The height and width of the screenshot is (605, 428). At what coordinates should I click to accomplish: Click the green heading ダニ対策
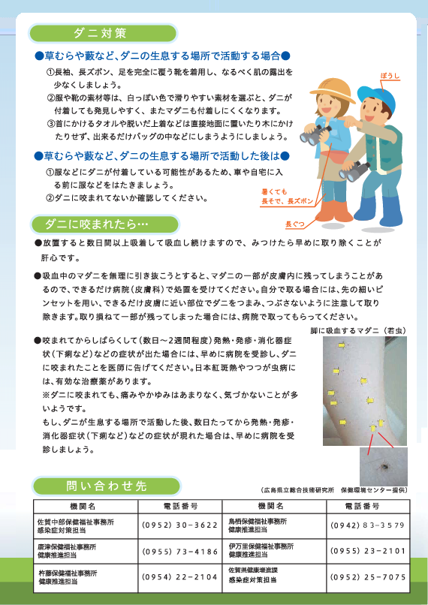100,33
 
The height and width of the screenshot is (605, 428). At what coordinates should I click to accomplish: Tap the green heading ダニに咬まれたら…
96,224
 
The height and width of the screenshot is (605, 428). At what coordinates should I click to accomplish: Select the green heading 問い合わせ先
106,486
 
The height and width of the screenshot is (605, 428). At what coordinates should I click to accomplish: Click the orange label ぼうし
390,77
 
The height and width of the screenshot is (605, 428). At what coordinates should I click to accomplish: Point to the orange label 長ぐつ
295,224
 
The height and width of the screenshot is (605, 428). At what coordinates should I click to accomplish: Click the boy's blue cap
377,97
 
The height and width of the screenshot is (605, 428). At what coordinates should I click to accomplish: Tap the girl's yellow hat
332,90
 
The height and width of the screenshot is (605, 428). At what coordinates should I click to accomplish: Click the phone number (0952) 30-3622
179,525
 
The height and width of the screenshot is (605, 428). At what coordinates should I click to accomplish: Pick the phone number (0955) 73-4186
179,552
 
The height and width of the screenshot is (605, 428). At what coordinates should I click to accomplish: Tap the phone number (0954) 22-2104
179,577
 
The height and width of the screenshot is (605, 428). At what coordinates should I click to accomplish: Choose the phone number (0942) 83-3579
368,525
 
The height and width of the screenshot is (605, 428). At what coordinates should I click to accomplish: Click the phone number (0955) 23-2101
368,551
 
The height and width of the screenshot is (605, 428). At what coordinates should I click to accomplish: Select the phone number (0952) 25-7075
368,577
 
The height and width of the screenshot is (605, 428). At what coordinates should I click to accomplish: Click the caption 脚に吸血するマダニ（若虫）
358,331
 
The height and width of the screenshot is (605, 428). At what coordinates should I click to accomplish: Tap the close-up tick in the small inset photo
384,466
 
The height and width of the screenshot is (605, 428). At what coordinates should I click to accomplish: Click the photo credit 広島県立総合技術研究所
297,490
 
